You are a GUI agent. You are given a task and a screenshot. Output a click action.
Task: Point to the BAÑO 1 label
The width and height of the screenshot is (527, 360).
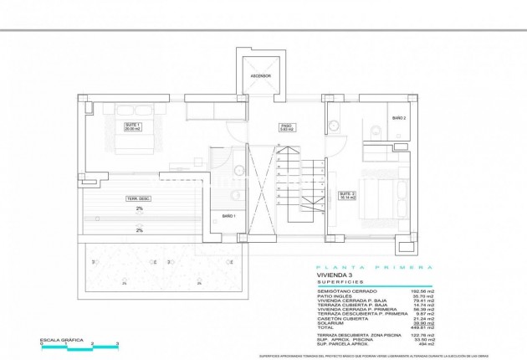tap(228, 217)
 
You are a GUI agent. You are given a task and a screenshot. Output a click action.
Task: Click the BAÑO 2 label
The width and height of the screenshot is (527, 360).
tap(399, 119)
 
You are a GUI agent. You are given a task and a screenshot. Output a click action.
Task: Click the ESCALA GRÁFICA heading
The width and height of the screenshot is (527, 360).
tap(58, 339)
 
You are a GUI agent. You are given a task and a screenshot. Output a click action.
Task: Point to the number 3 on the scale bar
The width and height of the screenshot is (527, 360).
tap(118, 344)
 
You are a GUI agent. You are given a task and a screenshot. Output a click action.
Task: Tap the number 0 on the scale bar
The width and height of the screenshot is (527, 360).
tap(38, 344)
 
